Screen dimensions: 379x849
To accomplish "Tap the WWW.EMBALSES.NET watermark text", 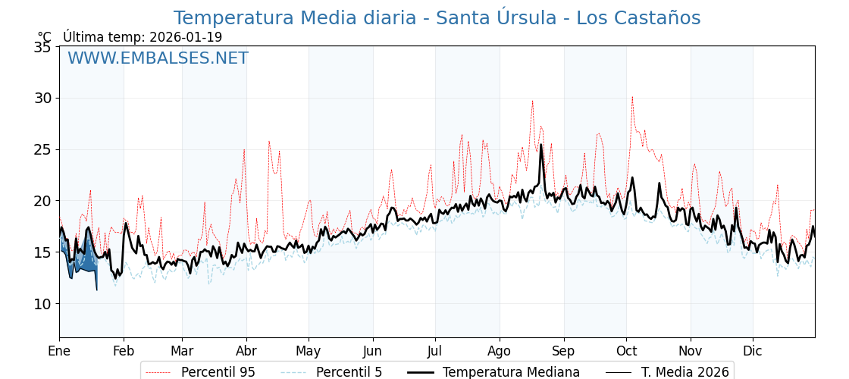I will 158,58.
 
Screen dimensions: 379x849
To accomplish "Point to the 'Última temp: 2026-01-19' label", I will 143,37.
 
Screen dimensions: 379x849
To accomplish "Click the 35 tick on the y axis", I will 42,47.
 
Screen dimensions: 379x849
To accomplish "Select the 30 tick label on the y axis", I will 42,98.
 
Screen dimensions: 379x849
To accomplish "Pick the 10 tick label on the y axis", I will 42,304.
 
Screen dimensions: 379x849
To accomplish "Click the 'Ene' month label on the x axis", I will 59,352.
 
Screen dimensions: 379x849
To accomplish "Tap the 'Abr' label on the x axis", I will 246,352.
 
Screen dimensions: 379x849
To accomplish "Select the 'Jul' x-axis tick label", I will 435,352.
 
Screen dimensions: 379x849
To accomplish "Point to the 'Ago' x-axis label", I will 500,352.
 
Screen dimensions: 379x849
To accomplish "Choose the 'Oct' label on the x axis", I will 626,352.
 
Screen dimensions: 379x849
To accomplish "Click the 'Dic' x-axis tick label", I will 753,352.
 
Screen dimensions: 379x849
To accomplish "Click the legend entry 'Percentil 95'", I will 200,372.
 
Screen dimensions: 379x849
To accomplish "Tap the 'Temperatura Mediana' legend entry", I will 493,372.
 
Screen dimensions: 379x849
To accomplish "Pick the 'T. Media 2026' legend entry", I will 668,372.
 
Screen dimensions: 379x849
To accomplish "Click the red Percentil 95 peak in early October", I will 632,97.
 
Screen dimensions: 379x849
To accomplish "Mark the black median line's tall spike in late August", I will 540,145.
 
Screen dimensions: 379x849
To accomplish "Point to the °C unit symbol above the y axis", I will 45,37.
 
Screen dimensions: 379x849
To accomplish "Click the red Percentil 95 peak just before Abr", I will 244,150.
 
